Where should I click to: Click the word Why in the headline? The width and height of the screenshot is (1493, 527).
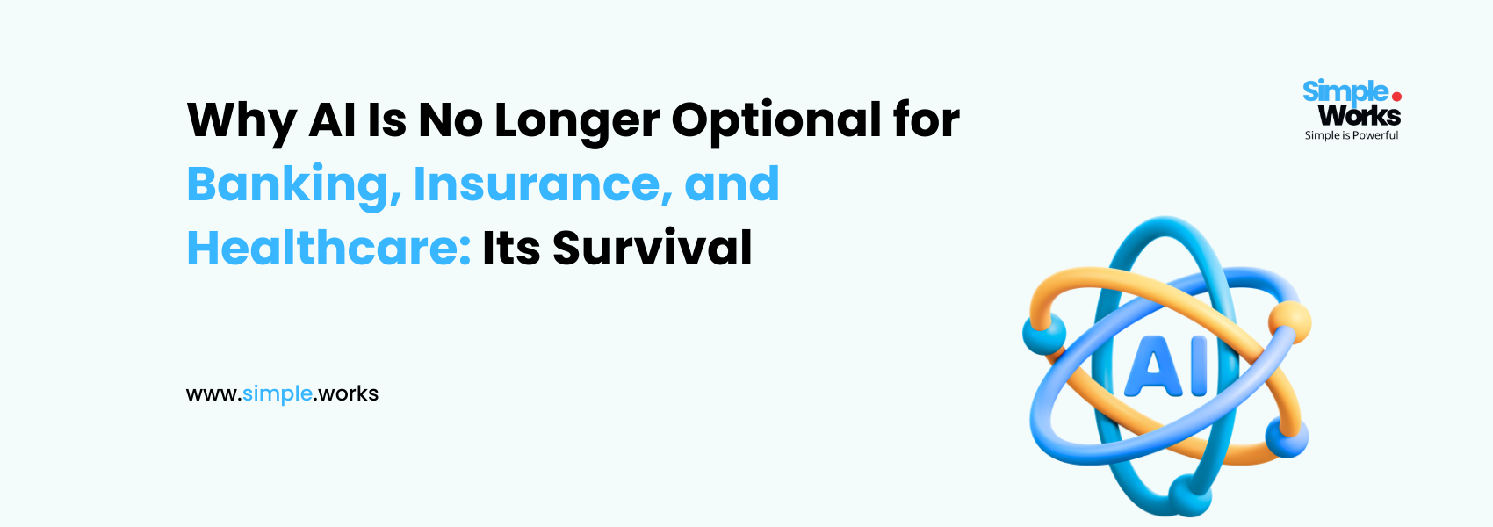242,121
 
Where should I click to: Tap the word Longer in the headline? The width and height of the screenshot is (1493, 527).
577,121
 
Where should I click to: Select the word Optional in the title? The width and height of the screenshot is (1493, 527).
776,120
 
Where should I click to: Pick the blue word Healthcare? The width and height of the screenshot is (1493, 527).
329,248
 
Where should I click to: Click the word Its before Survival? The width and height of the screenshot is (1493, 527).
511,248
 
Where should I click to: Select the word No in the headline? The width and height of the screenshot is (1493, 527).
451,120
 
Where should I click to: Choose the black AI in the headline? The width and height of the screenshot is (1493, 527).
332,120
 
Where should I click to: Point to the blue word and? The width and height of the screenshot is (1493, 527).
732,184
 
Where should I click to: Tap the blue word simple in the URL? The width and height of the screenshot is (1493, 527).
278,393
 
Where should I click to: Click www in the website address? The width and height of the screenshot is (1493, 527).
212,395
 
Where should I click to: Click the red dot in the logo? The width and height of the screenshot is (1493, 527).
1396,97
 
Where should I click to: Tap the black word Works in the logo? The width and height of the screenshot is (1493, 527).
1360,116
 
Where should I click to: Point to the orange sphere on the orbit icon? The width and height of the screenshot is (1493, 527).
1290,322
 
